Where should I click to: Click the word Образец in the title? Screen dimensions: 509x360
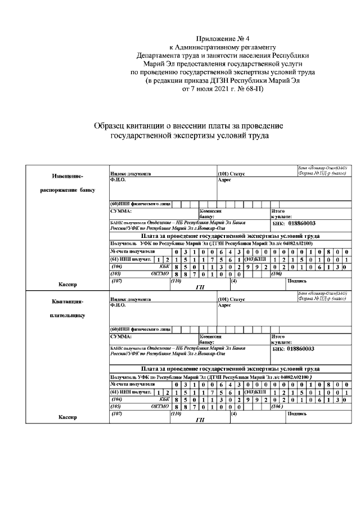[x=110, y=127]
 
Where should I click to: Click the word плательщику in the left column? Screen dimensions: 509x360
[x=67, y=316]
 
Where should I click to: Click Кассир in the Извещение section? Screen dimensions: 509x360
[x=67, y=285]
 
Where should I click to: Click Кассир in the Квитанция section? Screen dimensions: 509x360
[x=67, y=417]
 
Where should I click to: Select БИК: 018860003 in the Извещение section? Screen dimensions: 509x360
[x=294, y=223]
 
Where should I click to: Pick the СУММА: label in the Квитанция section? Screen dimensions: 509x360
[x=121, y=336]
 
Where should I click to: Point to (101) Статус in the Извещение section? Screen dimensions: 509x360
[x=231, y=174]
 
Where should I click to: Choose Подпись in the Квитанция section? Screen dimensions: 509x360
[x=297, y=413]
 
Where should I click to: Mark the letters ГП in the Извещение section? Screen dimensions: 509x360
[x=199, y=287]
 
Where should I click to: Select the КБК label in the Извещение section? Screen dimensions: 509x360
[x=164, y=266]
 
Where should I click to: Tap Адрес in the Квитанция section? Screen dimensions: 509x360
[x=224, y=305]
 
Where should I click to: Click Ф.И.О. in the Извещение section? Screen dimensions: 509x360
[x=118, y=179]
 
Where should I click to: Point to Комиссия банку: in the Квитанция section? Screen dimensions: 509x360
[x=208, y=339]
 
